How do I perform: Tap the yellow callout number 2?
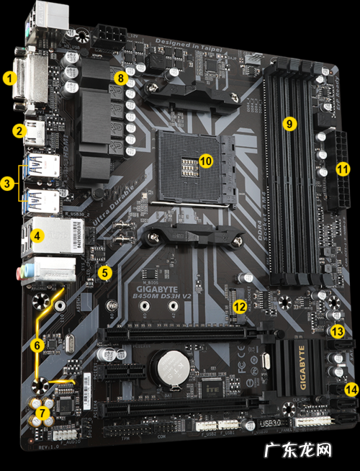pos(19,130)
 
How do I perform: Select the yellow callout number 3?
pos(8,184)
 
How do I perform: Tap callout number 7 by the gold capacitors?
pos(43,413)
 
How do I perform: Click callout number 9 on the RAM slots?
pos(289,123)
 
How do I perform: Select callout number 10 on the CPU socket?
pos(206,161)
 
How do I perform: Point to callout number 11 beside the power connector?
pos(343,169)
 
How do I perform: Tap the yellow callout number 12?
pos(239,307)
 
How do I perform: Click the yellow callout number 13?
pos(338,331)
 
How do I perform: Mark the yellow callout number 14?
pos(351,389)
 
